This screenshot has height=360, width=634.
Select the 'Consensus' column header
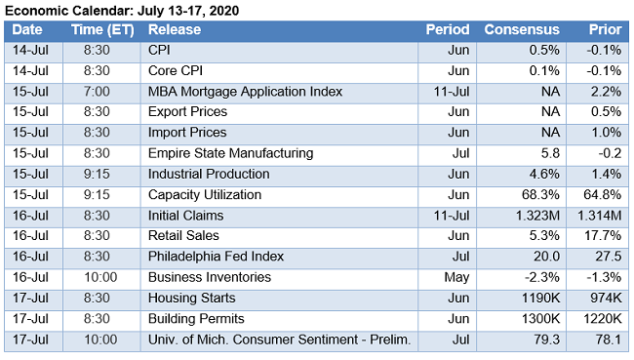pos(521,30)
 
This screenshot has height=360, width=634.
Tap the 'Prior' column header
pos(605,30)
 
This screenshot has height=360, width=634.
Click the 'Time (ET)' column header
pos(102,30)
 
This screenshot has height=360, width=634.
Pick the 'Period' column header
pos(448,30)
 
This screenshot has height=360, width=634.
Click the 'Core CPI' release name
pos(177,71)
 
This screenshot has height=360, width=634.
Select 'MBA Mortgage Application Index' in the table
pos(245,92)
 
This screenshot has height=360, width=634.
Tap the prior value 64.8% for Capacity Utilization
pos(603,194)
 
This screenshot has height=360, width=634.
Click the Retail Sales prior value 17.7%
pos(603,235)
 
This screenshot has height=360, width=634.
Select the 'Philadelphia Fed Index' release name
pos(216,257)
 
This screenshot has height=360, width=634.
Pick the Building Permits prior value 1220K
pos(601,318)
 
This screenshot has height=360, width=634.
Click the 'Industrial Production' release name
pos(210,174)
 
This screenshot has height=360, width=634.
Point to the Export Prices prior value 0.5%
pos(606,112)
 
